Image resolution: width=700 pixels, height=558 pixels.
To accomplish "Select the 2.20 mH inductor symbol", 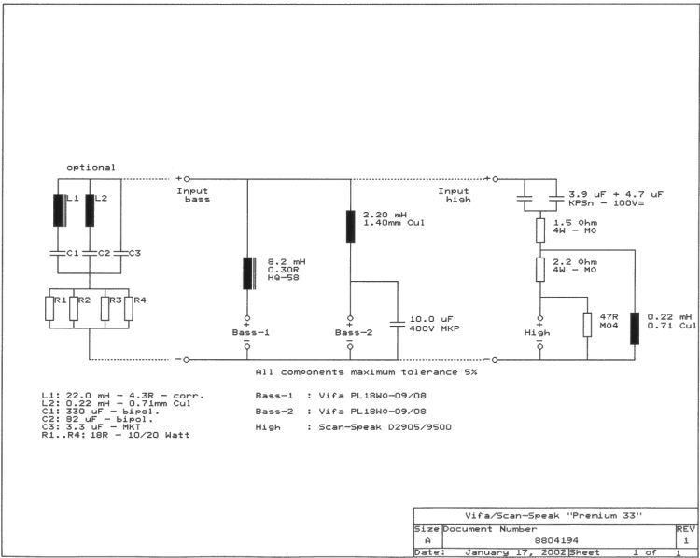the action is coord(350,227).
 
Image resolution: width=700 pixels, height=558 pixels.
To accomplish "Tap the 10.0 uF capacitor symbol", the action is coord(398,324).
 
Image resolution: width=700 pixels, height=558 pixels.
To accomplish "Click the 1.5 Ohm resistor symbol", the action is coord(540,230).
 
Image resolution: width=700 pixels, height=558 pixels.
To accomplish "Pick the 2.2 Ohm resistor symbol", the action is coord(540,269).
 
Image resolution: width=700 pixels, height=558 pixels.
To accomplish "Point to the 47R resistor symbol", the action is coord(587,325).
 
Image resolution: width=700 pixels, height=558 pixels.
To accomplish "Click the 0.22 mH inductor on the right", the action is coord(635,328).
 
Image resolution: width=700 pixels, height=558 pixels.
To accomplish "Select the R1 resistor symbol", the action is coord(49,309).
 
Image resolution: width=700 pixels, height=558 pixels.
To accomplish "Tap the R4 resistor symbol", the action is coord(129,309).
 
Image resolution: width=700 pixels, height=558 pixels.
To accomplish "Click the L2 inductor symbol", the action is coord(90,210).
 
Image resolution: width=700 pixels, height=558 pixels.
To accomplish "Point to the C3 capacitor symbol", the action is coord(121,253).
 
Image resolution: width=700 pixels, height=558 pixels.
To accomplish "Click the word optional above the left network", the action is coord(91,167).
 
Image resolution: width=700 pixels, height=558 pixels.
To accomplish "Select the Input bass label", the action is coord(193,195).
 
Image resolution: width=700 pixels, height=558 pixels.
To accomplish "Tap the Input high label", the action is coord(454,195).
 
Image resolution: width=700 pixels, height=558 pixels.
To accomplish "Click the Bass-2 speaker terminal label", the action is coord(353,332).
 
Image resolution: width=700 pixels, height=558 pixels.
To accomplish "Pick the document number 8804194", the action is coord(556,540).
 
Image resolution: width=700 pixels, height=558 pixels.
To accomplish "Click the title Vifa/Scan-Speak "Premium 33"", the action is coord(553,516).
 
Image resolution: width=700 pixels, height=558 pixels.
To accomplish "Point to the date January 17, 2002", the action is coord(515,552).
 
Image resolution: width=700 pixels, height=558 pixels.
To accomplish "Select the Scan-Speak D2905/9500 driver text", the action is coord(385,427).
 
